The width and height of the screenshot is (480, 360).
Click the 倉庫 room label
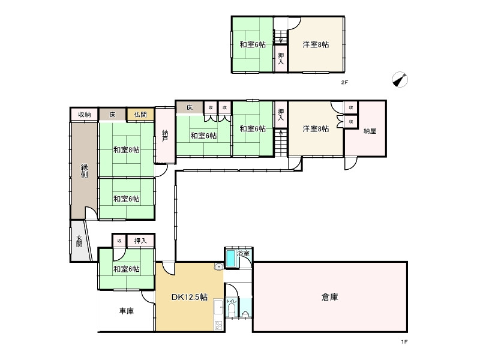tap(330, 296)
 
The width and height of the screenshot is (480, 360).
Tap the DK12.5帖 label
tap(190, 296)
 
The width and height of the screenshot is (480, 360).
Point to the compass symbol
tap(400, 79)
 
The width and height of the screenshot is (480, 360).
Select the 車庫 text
tap(126, 311)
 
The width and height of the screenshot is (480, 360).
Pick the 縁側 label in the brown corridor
tap(85, 170)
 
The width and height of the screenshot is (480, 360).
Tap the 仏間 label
tap(140, 115)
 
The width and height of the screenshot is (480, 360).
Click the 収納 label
tap(84, 115)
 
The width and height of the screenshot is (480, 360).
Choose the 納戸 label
tap(165, 136)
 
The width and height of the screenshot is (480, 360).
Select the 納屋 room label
tap(370, 130)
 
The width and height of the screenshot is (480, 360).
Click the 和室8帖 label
tap(127, 149)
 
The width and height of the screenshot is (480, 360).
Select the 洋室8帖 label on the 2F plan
tap(316, 44)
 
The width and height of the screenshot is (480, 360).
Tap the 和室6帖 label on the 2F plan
tap(253, 44)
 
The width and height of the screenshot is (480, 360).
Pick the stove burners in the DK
tap(217, 326)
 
